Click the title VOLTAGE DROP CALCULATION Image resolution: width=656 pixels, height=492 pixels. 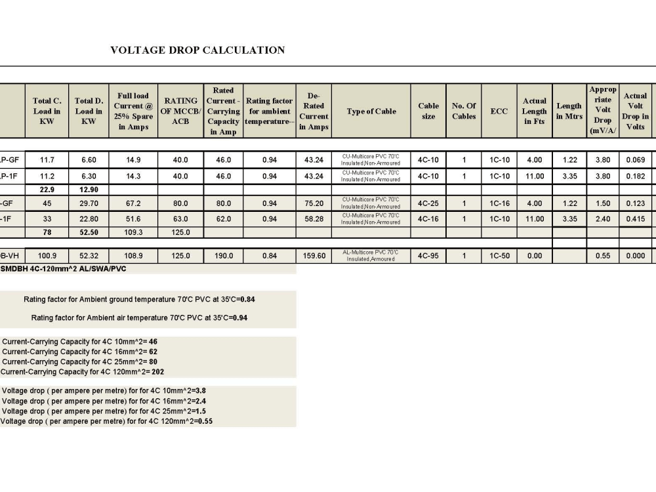coord(197,50)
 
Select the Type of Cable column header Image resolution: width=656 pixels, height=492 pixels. coord(371,112)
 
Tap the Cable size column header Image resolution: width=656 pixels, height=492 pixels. coord(428,112)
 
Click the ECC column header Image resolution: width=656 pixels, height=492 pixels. coord(499,112)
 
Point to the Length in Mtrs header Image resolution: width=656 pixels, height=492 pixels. coord(569,112)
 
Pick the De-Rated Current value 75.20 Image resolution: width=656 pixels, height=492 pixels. coord(314,203)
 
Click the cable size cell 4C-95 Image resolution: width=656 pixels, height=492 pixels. coord(428,256)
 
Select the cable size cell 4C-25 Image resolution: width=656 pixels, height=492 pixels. coord(428,203)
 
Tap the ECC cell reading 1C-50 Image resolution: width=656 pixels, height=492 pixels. coord(499,256)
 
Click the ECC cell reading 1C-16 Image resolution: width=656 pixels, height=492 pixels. coord(499,203)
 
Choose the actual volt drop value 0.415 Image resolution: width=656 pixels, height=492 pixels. coord(634,219)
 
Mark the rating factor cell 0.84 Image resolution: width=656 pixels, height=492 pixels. coord(269,256)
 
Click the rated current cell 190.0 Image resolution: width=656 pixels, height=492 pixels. coord(224,256)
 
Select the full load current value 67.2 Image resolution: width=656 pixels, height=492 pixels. coord(133,203)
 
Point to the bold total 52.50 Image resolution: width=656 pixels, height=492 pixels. coord(89,232)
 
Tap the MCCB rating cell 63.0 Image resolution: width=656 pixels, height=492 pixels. coord(180,219)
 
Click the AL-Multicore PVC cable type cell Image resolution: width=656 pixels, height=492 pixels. coord(371,256)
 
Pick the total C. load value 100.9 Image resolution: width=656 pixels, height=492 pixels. coord(47,256)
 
